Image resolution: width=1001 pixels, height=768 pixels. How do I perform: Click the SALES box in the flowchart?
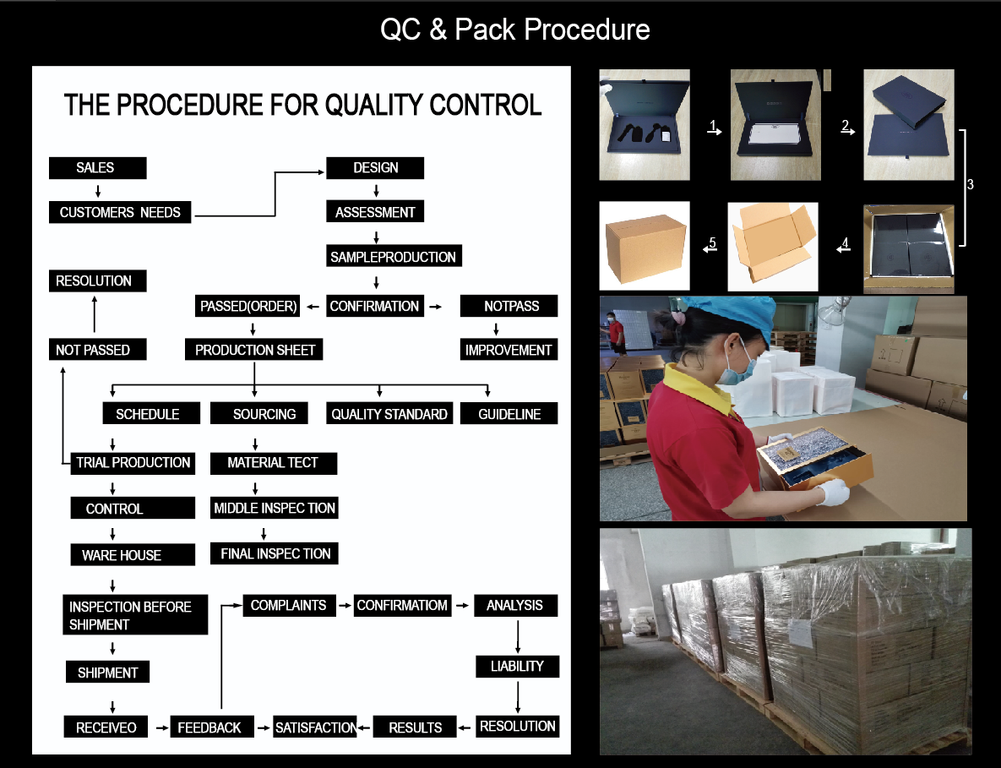98,168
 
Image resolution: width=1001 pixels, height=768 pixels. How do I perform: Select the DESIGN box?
375,168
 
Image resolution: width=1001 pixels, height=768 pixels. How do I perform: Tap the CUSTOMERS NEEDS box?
120,212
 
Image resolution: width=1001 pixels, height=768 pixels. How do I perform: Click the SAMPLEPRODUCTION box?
394,256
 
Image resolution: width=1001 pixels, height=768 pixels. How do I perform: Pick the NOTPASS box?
509,306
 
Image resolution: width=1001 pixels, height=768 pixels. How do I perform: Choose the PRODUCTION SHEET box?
254,349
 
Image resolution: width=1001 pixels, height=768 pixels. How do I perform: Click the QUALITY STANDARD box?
389,413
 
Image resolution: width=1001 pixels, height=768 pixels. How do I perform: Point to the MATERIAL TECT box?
273,463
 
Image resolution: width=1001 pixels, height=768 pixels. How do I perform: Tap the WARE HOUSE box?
133,555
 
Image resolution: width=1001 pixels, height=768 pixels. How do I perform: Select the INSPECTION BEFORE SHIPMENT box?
134,615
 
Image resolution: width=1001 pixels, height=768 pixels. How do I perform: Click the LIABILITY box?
517,667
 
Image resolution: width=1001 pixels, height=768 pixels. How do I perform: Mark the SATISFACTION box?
315,727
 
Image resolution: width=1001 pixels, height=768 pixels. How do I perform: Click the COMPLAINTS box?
289,605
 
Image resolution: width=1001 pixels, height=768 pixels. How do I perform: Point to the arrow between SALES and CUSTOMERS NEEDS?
98,191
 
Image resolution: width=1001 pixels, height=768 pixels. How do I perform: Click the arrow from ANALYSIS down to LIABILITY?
518,636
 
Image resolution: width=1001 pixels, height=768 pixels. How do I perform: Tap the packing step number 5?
712,242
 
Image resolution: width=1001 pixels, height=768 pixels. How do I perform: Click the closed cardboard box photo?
645,246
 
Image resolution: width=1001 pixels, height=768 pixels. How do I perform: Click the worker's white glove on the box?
834,492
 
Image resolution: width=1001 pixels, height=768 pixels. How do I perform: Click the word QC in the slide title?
400,30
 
